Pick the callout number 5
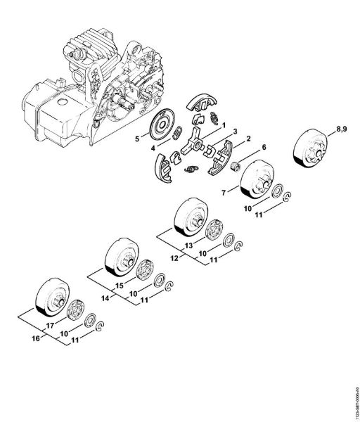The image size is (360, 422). pos(139,139)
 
